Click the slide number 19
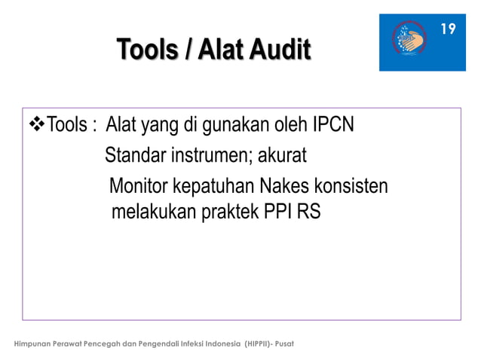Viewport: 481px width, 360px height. pos(448,29)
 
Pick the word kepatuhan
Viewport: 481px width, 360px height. pos(213,185)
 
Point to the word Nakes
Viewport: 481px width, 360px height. pos(285,185)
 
